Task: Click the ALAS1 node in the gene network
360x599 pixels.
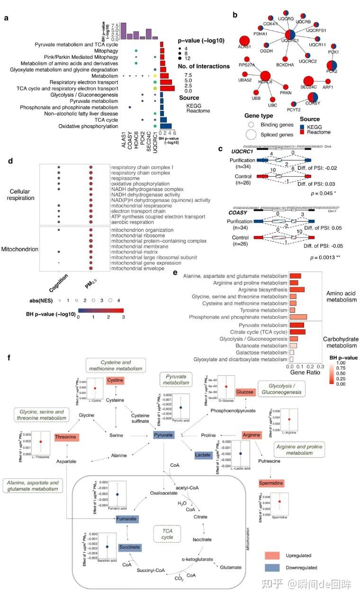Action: (x=244, y=42)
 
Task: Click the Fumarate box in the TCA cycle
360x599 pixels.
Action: (x=127, y=519)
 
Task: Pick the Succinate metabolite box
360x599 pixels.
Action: (x=130, y=547)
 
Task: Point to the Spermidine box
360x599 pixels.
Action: (x=271, y=483)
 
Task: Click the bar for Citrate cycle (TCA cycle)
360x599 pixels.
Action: (x=297, y=332)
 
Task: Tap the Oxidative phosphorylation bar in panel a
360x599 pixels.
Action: (x=166, y=127)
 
